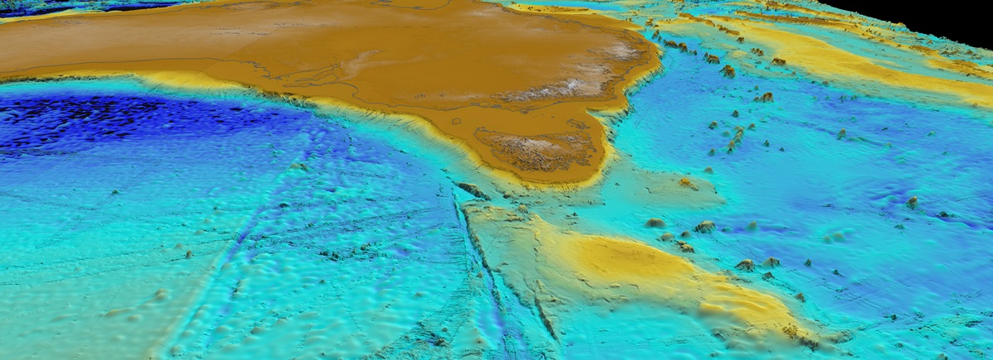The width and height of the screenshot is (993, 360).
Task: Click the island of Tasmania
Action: (x=538, y=149)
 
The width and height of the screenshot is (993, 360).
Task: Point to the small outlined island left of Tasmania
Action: (x=454, y=121)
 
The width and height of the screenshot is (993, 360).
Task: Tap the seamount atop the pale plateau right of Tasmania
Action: (x=686, y=183)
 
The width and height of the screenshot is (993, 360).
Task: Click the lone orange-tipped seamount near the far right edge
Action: (x=912, y=201)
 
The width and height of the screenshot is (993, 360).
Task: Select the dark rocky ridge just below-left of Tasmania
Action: (x=474, y=191)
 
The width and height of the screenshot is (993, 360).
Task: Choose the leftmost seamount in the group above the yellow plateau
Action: (x=655, y=223)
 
